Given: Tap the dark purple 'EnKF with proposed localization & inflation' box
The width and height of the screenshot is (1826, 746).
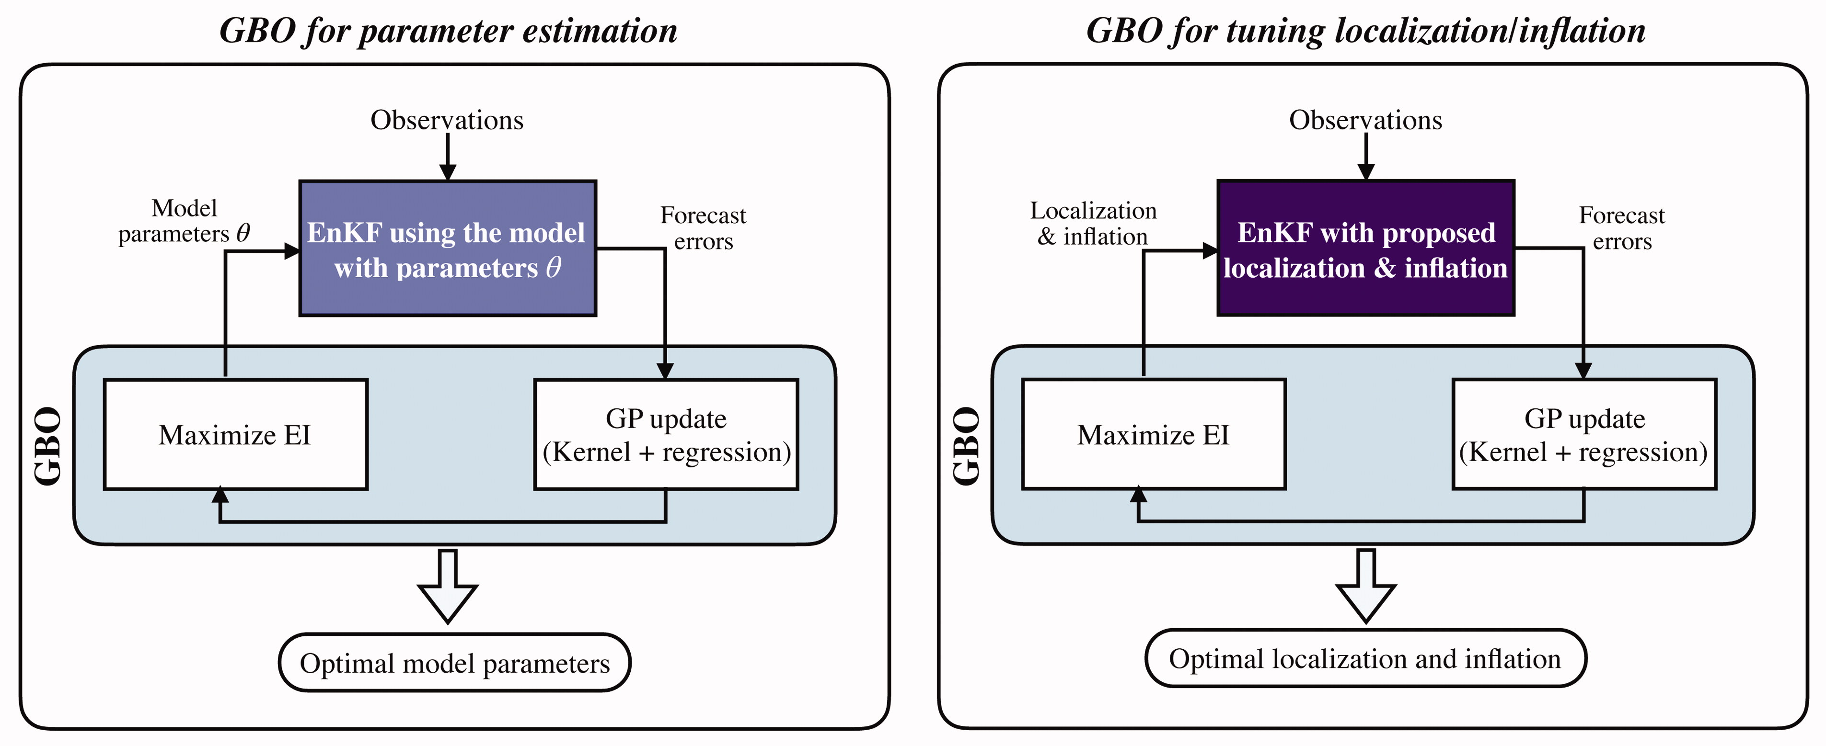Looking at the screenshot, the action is [x=1366, y=248].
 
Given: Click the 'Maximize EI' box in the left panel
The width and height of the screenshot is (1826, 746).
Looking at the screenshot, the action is [x=235, y=434].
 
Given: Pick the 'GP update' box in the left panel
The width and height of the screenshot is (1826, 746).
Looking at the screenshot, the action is [x=666, y=434].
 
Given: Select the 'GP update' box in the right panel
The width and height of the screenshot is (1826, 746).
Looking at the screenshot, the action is [x=1584, y=434].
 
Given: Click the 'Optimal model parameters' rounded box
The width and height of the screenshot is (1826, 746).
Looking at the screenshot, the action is [x=454, y=662].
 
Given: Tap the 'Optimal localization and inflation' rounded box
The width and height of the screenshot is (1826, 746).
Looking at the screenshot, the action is [x=1365, y=658].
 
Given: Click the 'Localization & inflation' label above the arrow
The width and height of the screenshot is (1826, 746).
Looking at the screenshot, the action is [x=1093, y=223].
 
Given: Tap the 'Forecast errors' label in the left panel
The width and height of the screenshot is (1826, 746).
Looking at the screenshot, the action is [x=703, y=228].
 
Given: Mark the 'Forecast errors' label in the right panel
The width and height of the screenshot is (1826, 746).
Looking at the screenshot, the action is [x=1622, y=228].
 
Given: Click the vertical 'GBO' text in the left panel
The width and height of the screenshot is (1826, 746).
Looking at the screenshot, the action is [x=48, y=446].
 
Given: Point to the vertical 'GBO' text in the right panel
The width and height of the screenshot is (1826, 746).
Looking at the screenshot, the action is [x=967, y=446].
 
